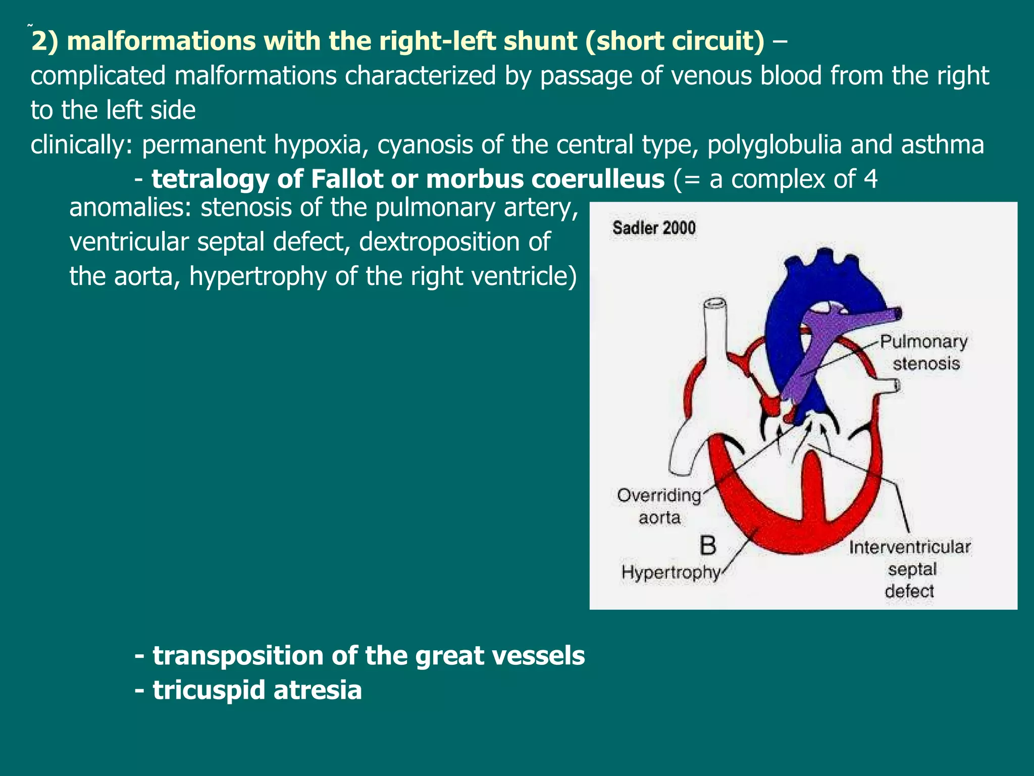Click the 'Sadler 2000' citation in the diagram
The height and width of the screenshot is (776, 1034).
coord(654,228)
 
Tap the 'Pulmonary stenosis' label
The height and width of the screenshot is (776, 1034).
coord(924,352)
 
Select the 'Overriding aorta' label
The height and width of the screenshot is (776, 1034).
coord(659,506)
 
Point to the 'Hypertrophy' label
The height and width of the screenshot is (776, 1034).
coord(670,572)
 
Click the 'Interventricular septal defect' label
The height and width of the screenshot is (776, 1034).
coord(910,569)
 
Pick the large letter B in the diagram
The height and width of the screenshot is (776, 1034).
coord(708,546)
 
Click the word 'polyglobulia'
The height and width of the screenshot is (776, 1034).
coord(774,144)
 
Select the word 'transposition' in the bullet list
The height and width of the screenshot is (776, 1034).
coord(237,655)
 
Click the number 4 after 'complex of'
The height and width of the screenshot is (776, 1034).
coord(870,179)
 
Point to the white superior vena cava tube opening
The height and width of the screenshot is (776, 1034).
coord(715,304)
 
